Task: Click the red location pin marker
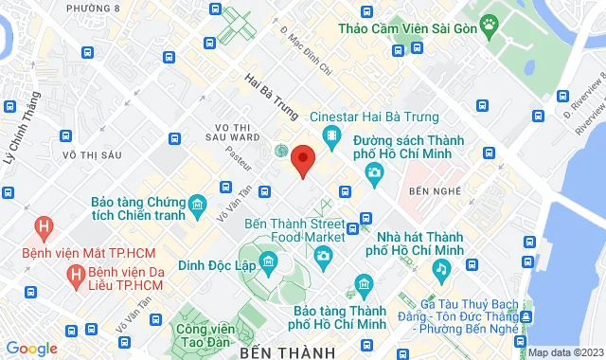(x=303, y=159)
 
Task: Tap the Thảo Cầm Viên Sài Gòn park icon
(x=489, y=23)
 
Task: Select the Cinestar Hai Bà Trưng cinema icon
(x=331, y=137)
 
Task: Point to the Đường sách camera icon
(x=375, y=171)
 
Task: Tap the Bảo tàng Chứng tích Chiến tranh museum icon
(x=197, y=205)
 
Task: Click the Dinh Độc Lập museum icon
(x=268, y=261)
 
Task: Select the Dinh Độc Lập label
(x=219, y=266)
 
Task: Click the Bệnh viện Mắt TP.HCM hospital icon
(x=43, y=228)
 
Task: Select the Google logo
(x=31, y=349)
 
